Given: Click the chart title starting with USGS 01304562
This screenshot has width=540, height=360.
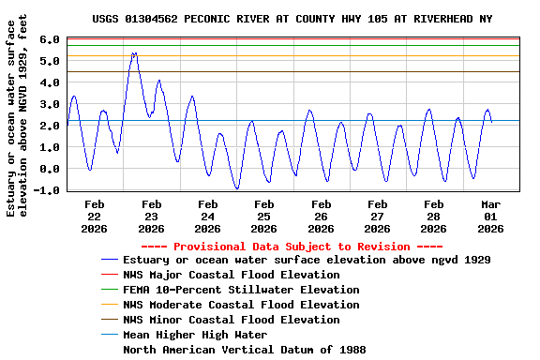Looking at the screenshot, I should (x=292, y=19).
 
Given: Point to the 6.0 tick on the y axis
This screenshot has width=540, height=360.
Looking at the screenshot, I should (x=52, y=39).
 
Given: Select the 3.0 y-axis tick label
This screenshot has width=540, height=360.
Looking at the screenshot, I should (x=52, y=104).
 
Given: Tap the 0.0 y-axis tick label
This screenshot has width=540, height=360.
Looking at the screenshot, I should (x=52, y=169).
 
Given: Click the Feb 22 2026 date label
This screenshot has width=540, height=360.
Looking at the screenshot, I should (x=95, y=216).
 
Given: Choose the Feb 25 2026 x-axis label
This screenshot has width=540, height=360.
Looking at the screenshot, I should (x=264, y=216).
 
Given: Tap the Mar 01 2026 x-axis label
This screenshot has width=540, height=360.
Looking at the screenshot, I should (x=490, y=216).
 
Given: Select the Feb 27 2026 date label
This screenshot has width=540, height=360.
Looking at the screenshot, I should (x=377, y=216).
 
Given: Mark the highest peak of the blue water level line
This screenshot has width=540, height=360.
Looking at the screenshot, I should (x=134, y=53).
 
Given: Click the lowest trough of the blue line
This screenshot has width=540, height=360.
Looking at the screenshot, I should (x=237, y=188).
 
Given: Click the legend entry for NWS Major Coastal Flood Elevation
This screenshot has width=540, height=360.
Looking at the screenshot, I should (x=232, y=275).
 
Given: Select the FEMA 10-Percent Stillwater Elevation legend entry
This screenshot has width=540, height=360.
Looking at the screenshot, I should (x=242, y=290).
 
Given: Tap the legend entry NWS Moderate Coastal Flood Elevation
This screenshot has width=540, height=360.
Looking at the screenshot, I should (x=242, y=305).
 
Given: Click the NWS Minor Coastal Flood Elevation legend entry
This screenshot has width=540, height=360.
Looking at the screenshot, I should (x=232, y=320).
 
